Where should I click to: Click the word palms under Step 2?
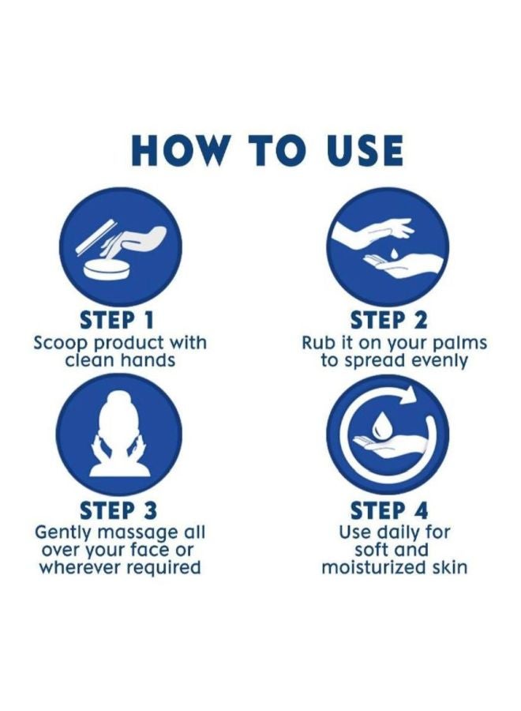coord(461,343)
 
